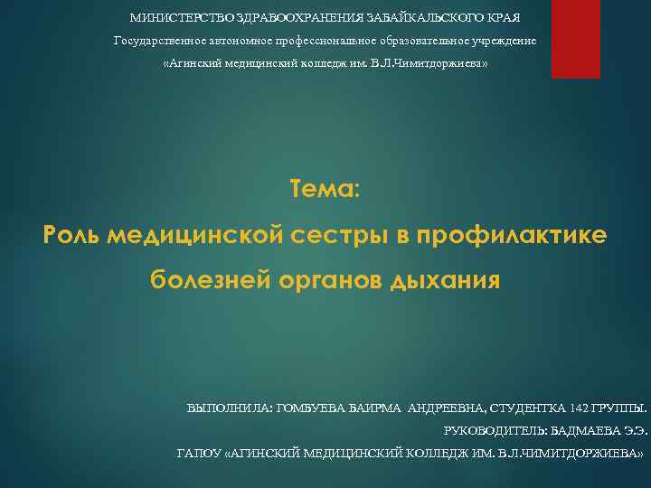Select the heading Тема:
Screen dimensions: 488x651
point(325,190)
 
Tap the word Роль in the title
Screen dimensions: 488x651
point(71,236)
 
